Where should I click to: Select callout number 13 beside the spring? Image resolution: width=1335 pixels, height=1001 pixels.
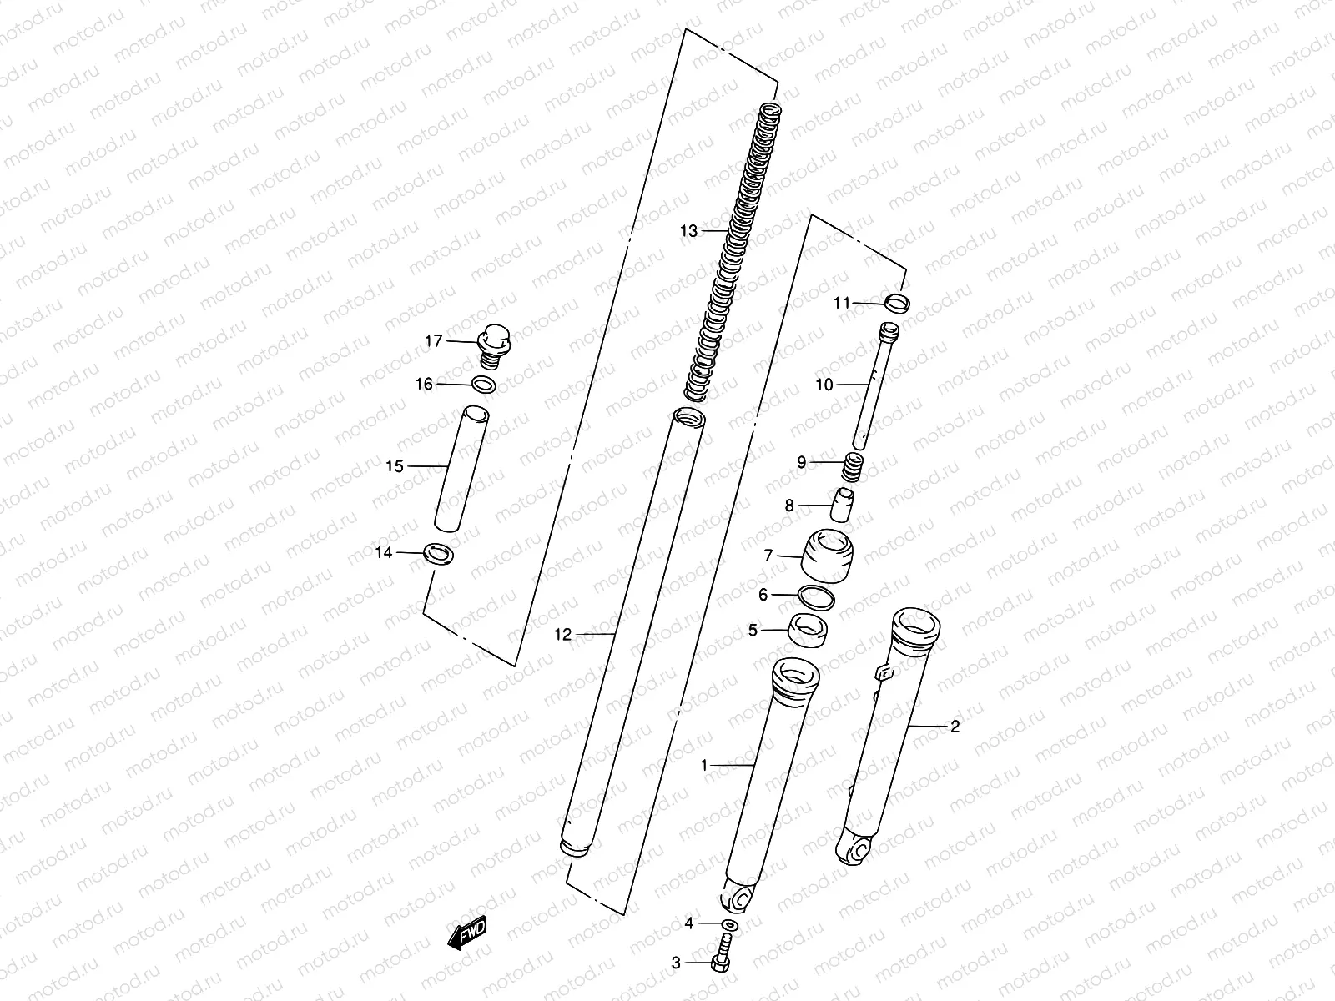pyautogui.click(x=688, y=231)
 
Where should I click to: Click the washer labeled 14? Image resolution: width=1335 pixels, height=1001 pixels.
pyautogui.click(x=439, y=553)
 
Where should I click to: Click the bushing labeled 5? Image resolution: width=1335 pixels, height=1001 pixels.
pyautogui.click(x=808, y=631)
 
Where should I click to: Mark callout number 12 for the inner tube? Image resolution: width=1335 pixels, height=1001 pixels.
pyautogui.click(x=563, y=635)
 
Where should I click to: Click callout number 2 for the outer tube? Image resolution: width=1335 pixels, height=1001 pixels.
pyautogui.click(x=955, y=727)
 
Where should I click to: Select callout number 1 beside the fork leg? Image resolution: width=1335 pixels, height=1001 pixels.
pyautogui.click(x=703, y=764)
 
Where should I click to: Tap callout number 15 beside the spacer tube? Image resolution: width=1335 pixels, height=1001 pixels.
pyautogui.click(x=395, y=466)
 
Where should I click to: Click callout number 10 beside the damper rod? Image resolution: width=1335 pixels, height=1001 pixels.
pyautogui.click(x=824, y=385)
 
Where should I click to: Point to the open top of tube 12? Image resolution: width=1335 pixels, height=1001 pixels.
pyautogui.click(x=690, y=415)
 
